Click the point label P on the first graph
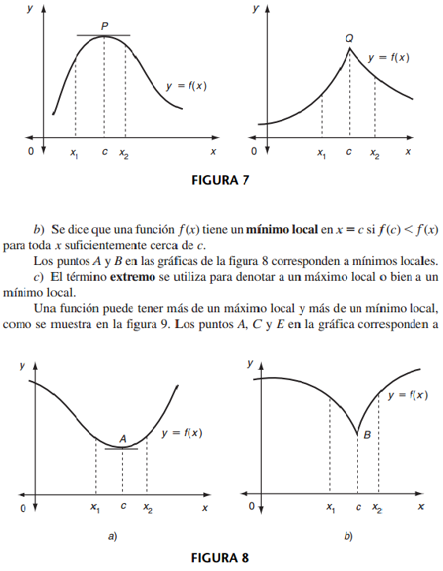point(105,26)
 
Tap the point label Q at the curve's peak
point(349,38)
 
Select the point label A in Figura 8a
point(123,439)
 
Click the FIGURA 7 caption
point(221,180)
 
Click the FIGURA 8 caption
point(221,558)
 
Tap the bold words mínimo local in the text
point(282,230)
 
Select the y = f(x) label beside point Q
point(389,58)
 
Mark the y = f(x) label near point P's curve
point(186,86)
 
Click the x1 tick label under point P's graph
point(75,154)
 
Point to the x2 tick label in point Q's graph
point(374,154)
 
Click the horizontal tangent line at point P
point(104,36)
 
